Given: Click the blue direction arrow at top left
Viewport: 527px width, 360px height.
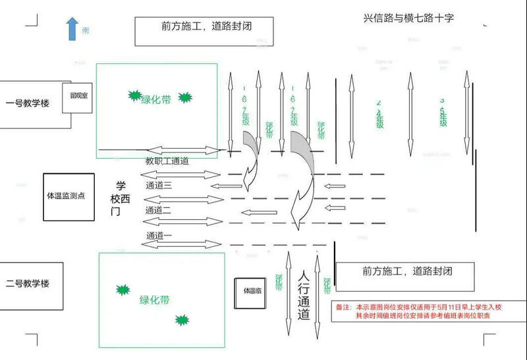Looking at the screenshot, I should (72, 30).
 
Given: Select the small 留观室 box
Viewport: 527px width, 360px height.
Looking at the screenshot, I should (77, 97).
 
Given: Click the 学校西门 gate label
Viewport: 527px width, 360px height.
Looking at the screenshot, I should (121, 198).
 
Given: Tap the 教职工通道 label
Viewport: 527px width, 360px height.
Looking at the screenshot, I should (167, 161).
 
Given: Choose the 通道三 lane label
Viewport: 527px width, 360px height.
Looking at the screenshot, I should (159, 186).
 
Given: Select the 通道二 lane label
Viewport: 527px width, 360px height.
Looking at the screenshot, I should (159, 210).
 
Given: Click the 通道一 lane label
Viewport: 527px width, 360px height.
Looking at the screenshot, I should (159, 235).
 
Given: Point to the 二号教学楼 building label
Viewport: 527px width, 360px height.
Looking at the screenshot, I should (27, 284).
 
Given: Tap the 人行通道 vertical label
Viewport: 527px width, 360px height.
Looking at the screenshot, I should (303, 296).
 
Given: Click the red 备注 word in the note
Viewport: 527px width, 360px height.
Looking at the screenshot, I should (343, 307).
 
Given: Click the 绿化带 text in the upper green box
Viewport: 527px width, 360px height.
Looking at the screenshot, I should (156, 99).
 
